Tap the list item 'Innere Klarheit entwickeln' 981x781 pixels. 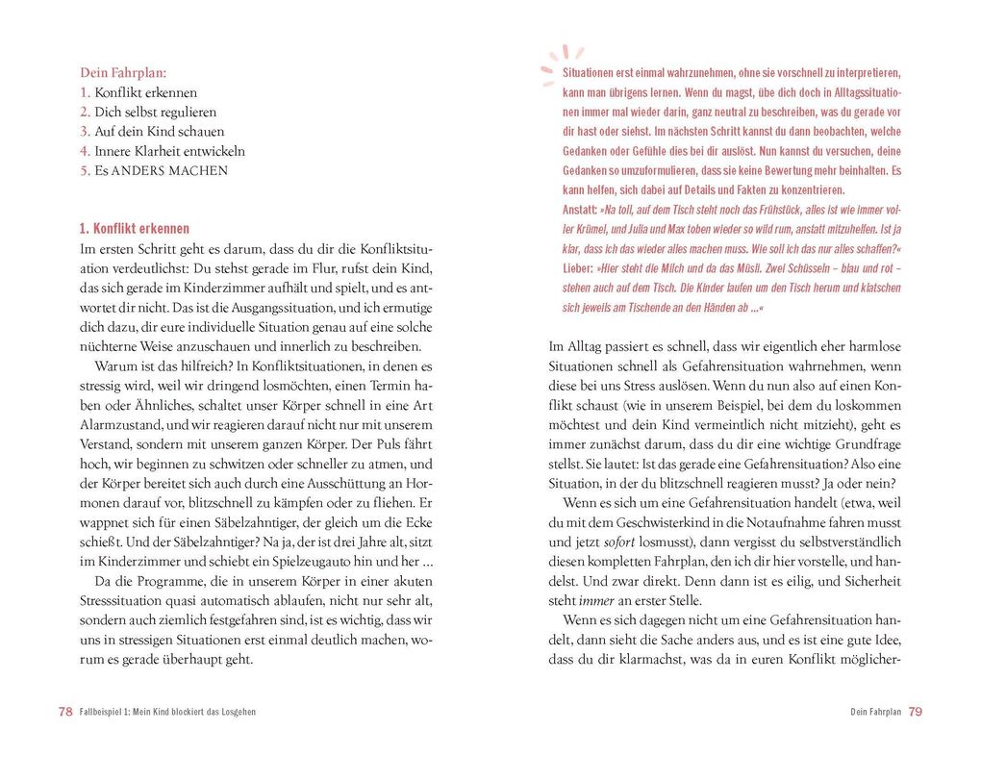click(169, 151)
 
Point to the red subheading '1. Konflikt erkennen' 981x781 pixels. click(134, 229)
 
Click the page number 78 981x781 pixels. click(65, 712)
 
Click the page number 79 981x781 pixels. click(915, 712)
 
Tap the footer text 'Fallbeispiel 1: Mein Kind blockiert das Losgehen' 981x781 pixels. click(167, 712)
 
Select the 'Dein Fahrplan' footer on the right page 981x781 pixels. click(875, 712)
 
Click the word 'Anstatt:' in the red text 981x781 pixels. click(579, 210)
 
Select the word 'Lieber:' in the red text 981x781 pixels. click(577, 268)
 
